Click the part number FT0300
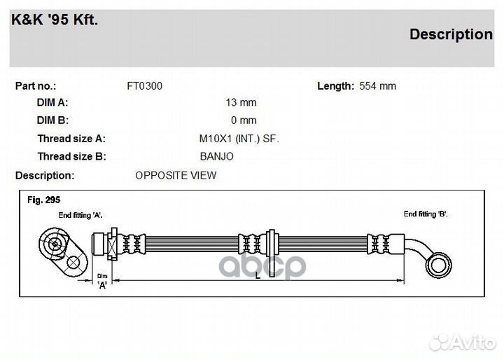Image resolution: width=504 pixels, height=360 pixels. click(x=145, y=86)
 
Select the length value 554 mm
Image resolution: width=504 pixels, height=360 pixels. click(x=378, y=86)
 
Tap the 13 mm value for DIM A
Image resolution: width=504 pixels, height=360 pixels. click(x=241, y=102)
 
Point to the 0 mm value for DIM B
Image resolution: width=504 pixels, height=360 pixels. click(x=244, y=120)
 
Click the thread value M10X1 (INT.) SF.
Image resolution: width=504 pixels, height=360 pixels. click(x=239, y=139)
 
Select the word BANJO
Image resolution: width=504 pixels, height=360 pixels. click(x=216, y=156)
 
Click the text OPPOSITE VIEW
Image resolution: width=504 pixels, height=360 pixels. click(x=176, y=175)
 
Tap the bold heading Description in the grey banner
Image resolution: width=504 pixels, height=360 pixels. click(x=451, y=34)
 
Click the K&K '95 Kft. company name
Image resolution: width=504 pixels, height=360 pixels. click(x=55, y=20)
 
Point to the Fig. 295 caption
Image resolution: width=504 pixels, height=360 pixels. click(x=43, y=200)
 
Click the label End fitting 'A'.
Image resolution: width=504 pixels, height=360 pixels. click(x=80, y=215)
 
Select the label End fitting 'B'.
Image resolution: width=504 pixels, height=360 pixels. click(x=426, y=214)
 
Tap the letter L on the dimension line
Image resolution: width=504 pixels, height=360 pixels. click(x=258, y=275)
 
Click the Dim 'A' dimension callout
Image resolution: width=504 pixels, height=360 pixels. click(x=102, y=281)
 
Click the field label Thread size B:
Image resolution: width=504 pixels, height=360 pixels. click(x=71, y=156)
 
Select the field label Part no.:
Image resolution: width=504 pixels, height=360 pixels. click(x=36, y=86)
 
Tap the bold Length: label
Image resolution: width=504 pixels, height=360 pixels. click(x=335, y=86)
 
